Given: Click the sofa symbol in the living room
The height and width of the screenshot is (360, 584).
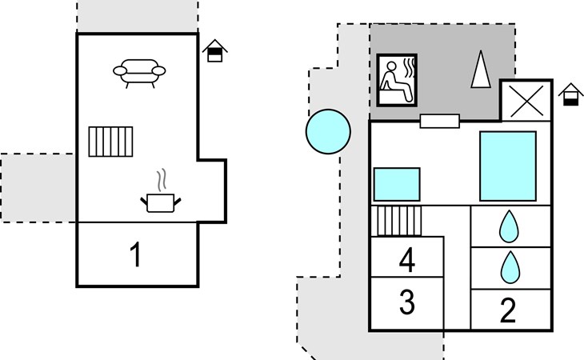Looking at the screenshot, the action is (x=139, y=74).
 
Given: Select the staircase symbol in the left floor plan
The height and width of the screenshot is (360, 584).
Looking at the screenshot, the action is (x=110, y=142).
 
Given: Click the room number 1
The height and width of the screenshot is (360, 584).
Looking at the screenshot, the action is (x=136, y=254).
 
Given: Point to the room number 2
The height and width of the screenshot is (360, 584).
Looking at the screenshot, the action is (x=508, y=310).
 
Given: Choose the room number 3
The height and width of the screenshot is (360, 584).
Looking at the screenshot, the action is (x=406, y=302).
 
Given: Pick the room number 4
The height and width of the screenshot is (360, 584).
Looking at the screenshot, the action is (x=406, y=260).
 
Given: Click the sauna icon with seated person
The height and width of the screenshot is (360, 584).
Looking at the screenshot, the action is (x=397, y=80).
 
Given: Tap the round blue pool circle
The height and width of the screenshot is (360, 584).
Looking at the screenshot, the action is (x=328, y=131).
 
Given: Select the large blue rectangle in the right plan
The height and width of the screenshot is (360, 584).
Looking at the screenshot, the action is (x=508, y=166).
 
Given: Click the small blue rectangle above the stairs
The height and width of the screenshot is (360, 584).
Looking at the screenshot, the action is (x=397, y=184).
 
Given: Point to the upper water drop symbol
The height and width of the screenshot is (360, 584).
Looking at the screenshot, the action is (x=509, y=226).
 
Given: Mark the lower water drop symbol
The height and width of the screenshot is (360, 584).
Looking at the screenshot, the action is (x=510, y=267).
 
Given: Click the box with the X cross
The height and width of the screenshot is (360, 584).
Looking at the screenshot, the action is (x=526, y=101).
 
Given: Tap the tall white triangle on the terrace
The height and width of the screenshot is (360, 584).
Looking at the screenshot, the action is (x=481, y=70).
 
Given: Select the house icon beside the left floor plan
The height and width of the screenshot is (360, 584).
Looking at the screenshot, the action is (x=215, y=50).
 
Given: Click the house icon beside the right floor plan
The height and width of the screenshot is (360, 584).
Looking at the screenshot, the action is (x=570, y=94).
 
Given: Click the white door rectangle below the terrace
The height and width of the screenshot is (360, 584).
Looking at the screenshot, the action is (x=439, y=121).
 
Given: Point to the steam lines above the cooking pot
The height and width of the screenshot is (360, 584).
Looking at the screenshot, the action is (x=161, y=181).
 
